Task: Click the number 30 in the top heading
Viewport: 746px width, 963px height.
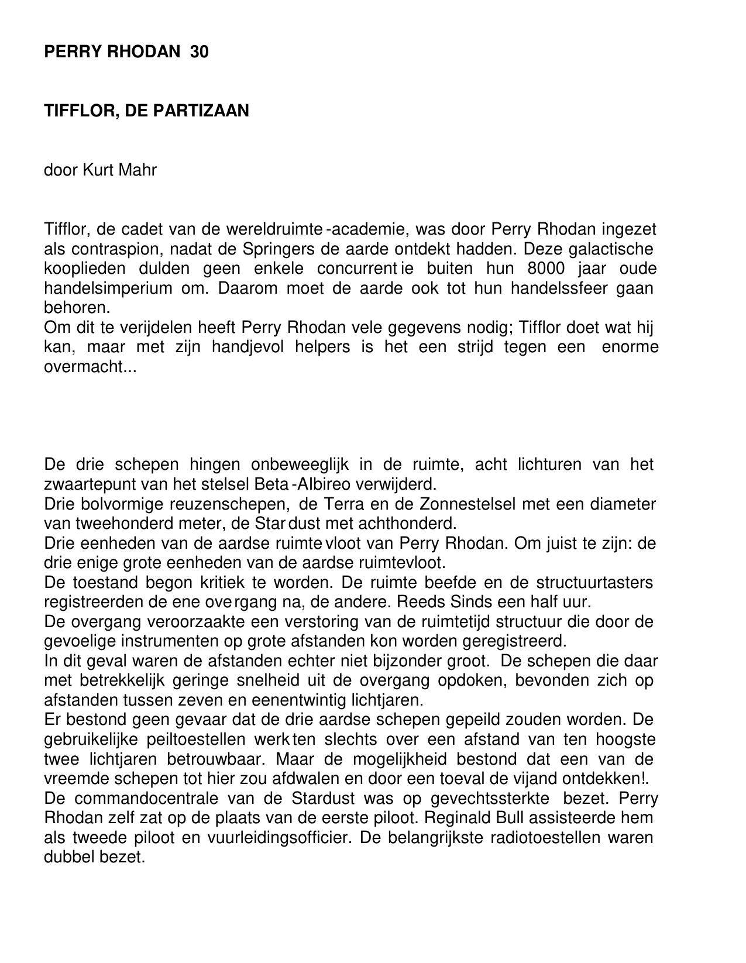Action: pos(199,52)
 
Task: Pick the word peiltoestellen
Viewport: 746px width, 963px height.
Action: pos(143,740)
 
